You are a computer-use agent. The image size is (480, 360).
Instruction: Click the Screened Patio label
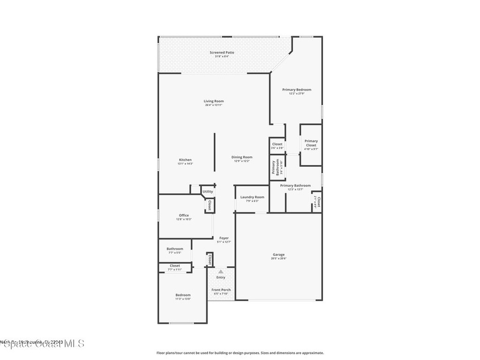pyautogui.click(x=222, y=52)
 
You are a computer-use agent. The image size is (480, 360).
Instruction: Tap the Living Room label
pyautogui.click(x=213, y=101)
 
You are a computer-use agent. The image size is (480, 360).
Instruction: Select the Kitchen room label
pyautogui.click(x=185, y=160)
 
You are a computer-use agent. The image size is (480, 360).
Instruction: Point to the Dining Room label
pyautogui.click(x=242, y=157)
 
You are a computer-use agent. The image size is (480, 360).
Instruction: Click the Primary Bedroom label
pyautogui.click(x=296, y=90)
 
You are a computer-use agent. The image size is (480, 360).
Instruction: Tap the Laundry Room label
pyautogui.click(x=252, y=197)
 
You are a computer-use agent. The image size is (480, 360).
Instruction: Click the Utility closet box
pyautogui.click(x=207, y=191)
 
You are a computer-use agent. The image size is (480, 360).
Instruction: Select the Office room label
pyautogui.click(x=184, y=216)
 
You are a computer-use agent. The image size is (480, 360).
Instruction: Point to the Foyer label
pyautogui.click(x=224, y=238)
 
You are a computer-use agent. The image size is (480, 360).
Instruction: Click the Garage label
pyautogui.click(x=278, y=255)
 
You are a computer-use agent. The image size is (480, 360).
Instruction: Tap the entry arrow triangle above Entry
pyautogui.click(x=220, y=271)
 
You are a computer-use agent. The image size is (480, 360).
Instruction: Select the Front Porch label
pyautogui.click(x=221, y=290)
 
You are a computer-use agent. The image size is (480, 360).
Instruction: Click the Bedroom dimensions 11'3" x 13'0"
pyautogui.click(x=183, y=299)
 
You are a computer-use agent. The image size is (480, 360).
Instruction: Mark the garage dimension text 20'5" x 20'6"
pyautogui.click(x=278, y=258)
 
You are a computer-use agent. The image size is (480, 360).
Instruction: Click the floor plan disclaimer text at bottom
pyautogui.click(x=240, y=353)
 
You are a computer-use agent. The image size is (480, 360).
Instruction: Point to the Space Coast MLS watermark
pyautogui.click(x=42, y=344)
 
